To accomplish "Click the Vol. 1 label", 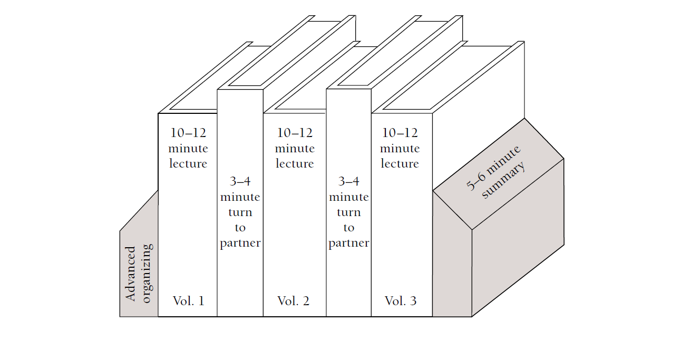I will tap(188, 301).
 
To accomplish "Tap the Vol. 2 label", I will tap(294, 301).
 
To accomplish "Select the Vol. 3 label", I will tap(401, 301).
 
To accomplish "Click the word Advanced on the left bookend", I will tap(131, 274).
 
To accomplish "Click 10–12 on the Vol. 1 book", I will tap(188, 133).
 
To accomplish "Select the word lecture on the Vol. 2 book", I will tap(294, 164).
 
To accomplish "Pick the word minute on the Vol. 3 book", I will tap(400, 149).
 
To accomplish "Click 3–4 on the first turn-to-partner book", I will tap(240, 182).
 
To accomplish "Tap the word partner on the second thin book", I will tap(348, 244).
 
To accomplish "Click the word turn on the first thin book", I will tap(240, 212).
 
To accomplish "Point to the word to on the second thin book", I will tap(348, 228).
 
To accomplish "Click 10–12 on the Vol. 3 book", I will tap(400, 133).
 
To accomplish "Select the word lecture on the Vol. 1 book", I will tap(188, 164).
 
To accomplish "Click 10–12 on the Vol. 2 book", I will tap(294, 133).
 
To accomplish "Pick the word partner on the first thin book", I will tap(240, 244).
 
